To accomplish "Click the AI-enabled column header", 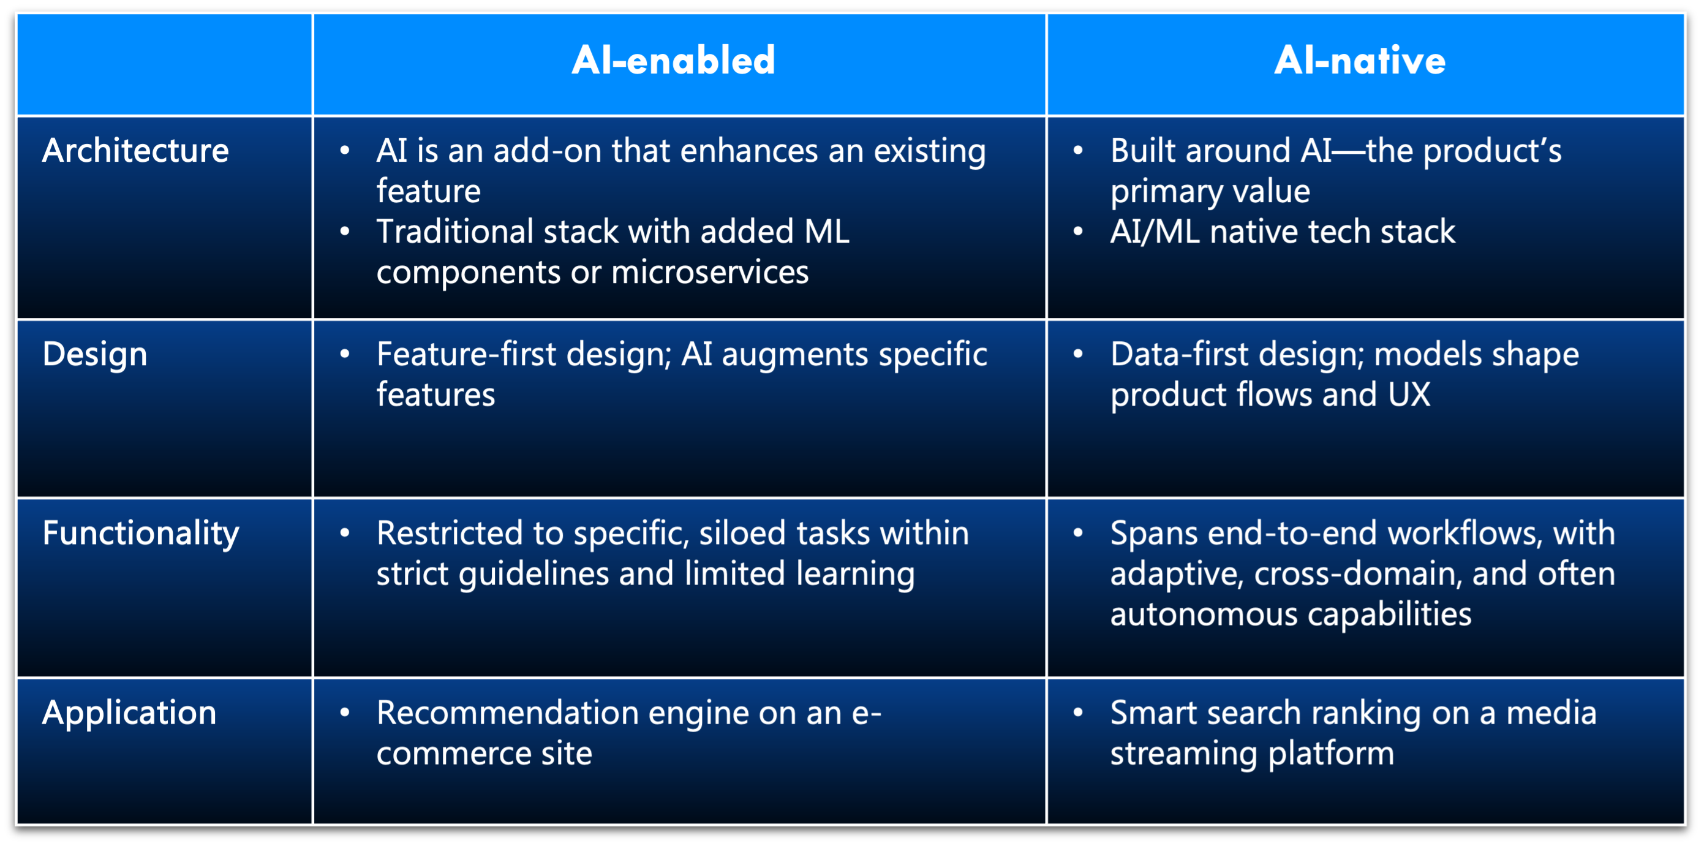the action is (x=673, y=61).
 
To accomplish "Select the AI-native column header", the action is (x=1359, y=61).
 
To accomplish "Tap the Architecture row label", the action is (x=135, y=151).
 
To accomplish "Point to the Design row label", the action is (x=94, y=355).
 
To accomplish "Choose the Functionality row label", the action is (x=140, y=533).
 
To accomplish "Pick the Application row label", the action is (x=129, y=713).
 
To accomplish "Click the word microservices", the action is (x=710, y=273).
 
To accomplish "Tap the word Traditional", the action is (x=455, y=232).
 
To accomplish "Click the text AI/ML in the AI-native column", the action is (x=1155, y=232).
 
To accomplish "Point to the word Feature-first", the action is (x=466, y=355).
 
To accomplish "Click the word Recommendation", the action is (x=507, y=713).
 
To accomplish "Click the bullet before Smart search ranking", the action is (x=1077, y=713).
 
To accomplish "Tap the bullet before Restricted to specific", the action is (x=344, y=532).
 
